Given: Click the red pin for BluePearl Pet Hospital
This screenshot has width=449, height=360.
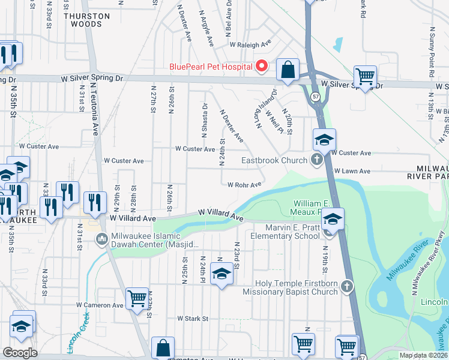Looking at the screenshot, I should point(262,66).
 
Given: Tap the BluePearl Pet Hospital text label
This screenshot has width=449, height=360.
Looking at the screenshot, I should point(211,67).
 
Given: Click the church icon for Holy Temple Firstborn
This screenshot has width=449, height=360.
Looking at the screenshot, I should point(347,287).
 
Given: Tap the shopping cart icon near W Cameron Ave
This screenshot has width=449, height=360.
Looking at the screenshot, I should point(137,297).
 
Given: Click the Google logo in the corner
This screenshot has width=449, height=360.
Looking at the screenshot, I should point(20,353).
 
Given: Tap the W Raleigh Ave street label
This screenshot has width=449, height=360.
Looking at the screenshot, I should point(250,44).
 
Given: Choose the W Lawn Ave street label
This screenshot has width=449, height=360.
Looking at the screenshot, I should point(352,171).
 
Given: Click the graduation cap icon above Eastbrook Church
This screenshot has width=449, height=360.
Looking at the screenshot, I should point(324,140).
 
